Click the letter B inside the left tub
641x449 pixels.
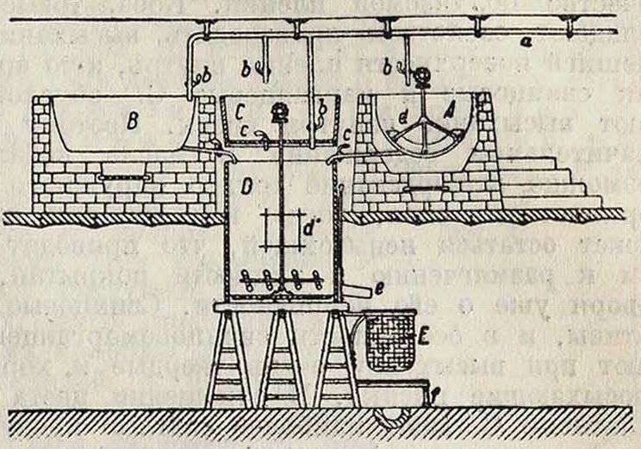[x=132, y=123]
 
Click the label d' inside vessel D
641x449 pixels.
[x=308, y=228]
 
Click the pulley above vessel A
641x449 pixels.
[x=423, y=79]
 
